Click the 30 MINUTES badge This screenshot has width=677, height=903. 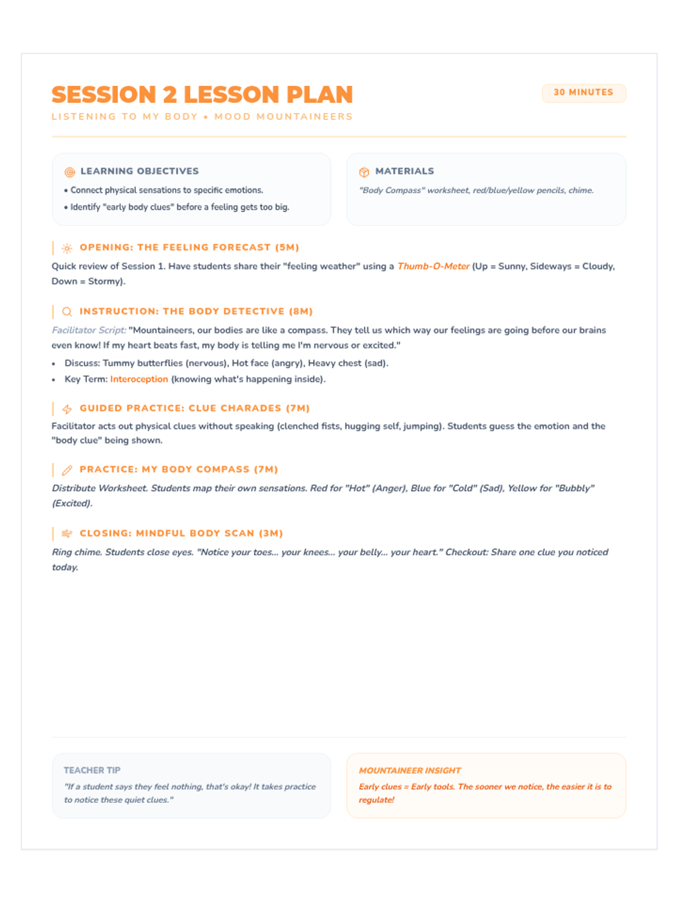point(583,93)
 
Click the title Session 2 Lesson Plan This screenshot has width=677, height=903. point(202,95)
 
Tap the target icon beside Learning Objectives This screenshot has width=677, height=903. point(70,172)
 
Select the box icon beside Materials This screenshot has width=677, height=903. point(364,172)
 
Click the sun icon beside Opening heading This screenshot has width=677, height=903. point(67,248)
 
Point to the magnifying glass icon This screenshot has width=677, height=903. point(67,312)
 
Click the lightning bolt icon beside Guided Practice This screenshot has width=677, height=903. point(67,409)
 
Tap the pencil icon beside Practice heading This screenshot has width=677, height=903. point(67,470)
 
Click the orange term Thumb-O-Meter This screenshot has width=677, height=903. point(433,266)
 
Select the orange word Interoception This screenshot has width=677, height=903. point(139,379)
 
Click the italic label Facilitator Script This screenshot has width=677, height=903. point(89,330)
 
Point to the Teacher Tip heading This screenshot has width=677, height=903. point(92,770)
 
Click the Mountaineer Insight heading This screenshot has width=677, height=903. point(410,770)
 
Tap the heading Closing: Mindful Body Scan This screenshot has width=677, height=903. point(181,533)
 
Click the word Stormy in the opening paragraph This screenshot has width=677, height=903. point(105,281)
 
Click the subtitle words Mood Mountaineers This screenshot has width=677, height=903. point(283,117)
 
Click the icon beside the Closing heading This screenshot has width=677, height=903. point(67,534)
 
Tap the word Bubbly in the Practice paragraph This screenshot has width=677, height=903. point(575,488)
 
